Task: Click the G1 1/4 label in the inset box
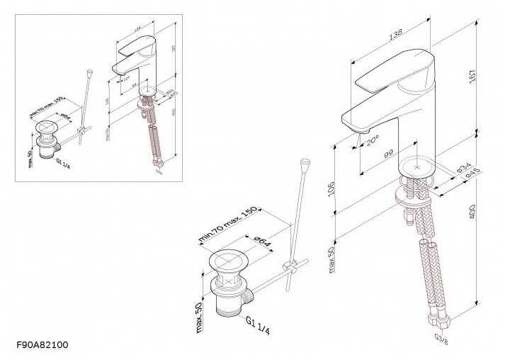(x=64, y=160)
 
